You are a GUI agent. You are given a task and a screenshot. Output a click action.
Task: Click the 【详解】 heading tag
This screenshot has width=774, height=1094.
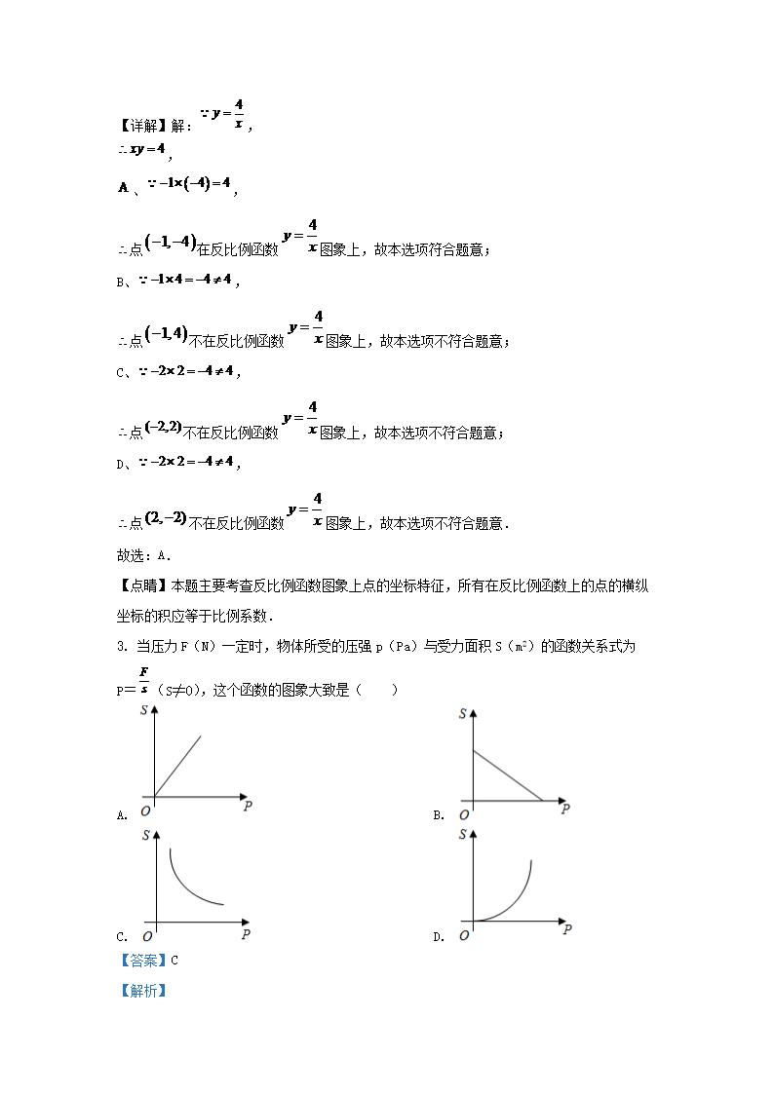point(142,126)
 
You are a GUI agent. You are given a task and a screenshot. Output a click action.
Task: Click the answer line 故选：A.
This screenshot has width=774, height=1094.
point(143,555)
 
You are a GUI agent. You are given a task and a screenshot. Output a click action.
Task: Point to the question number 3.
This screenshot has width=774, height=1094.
point(120,647)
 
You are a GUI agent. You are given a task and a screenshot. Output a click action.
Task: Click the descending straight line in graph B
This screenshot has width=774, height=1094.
point(507,775)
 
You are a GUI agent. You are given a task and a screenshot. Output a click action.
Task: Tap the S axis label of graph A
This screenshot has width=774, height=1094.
point(144,712)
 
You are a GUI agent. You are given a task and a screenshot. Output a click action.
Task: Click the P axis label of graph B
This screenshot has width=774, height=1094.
point(565,809)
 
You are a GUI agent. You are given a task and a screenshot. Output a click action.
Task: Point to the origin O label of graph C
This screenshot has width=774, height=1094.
point(145,935)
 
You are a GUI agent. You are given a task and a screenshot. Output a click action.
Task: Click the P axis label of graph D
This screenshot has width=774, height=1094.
point(566,930)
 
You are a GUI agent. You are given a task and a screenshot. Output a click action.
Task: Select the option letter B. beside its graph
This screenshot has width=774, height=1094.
point(439,815)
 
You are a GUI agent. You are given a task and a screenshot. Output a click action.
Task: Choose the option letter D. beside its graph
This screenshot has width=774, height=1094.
point(439,937)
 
